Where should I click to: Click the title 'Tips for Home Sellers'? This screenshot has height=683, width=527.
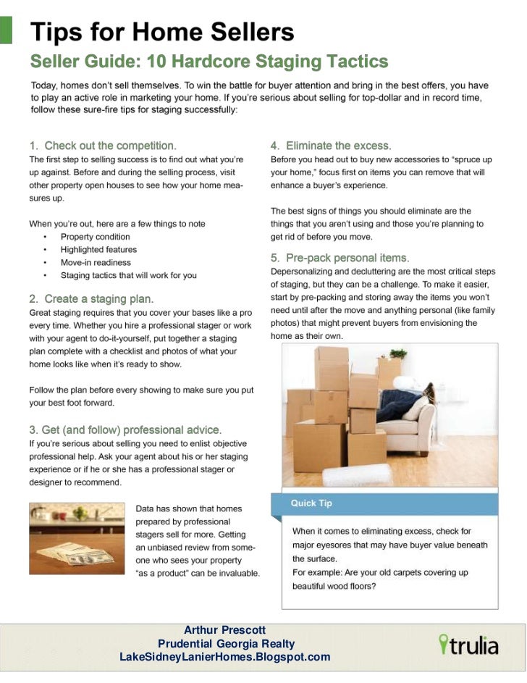click(161, 33)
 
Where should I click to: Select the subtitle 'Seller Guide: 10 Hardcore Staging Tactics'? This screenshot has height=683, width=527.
click(208, 62)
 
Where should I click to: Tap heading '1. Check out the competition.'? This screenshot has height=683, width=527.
click(103, 146)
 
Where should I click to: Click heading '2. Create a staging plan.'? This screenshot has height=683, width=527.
click(91, 298)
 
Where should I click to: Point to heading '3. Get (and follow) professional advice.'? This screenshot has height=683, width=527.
click(125, 430)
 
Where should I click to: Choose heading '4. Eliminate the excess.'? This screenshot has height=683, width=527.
click(331, 146)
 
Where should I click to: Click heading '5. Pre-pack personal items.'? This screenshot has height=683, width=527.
click(340, 258)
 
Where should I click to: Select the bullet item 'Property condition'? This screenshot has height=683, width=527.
click(95, 237)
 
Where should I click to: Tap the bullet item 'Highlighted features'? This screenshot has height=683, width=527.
click(98, 250)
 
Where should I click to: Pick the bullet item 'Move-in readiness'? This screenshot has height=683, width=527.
click(96, 263)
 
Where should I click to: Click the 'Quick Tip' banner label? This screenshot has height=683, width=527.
click(311, 503)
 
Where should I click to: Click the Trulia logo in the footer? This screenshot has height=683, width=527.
click(468, 644)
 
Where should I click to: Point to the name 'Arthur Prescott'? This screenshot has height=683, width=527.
click(225, 630)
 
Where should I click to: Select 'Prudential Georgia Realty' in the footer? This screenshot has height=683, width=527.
click(226, 644)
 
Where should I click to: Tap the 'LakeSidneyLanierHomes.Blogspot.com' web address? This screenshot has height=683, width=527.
click(224, 657)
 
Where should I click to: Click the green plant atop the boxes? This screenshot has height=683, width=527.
click(397, 354)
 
